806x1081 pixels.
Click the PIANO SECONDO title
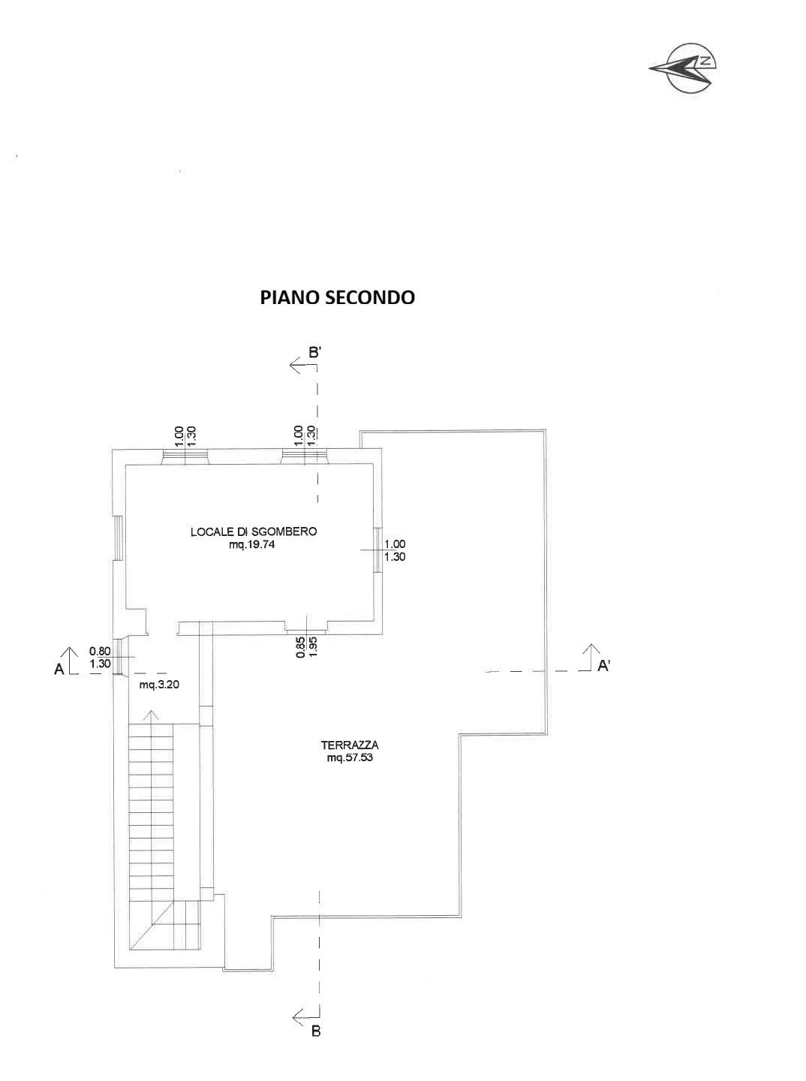click(x=337, y=297)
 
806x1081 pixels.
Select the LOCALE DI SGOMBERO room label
click(x=254, y=531)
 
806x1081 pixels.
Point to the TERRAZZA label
click(x=350, y=745)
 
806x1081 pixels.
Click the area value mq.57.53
click(x=350, y=758)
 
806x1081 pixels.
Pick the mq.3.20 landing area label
click(x=156, y=685)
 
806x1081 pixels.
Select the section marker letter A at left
click(x=59, y=670)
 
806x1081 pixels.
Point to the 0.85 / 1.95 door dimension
click(x=306, y=647)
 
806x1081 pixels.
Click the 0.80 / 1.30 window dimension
click(x=100, y=658)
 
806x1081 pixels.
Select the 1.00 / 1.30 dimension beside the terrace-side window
click(x=395, y=551)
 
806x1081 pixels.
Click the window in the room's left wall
click(x=117, y=537)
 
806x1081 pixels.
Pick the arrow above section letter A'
click(x=591, y=649)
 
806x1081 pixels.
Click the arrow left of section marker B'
click(x=298, y=366)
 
